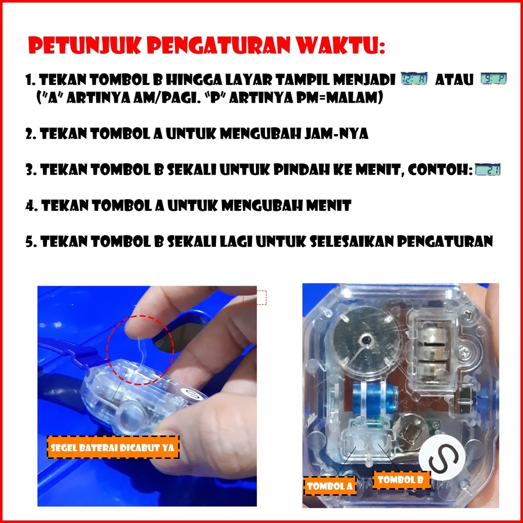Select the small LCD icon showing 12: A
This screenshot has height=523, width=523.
(414, 79)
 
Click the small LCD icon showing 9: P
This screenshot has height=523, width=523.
(493, 79)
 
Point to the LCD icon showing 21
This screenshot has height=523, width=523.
(488, 170)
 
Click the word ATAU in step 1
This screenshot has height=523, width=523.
(454, 80)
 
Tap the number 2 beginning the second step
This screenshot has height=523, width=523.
(29, 134)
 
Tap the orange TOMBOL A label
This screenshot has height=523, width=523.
(330, 486)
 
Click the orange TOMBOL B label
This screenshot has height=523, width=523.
(401, 480)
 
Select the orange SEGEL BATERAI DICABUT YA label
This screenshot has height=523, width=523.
(113, 447)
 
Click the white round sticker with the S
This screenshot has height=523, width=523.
(442, 461)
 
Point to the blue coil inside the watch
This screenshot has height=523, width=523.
(375, 398)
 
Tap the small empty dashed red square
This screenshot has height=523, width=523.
(254, 297)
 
